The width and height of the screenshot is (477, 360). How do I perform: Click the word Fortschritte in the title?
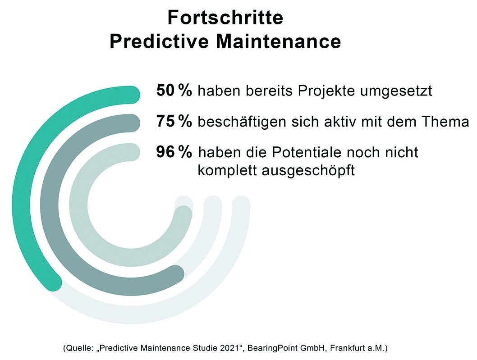coord(225,17)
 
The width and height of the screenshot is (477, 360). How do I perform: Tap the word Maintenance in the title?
coord(278,41)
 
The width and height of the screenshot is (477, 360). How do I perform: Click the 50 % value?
coord(174,90)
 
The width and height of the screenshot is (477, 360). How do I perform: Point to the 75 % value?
coord(174,121)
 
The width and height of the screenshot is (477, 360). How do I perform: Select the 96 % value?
coord(174,152)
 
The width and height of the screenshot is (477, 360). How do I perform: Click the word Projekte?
coord(326,91)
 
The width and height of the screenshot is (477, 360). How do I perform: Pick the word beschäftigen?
coord(242,122)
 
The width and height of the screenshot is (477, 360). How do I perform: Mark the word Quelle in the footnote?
coord(79,348)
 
